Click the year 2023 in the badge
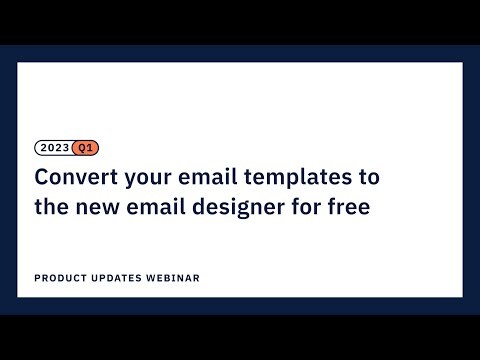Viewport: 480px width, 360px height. (x=55, y=148)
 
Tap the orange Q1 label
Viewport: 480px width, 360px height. (x=86, y=148)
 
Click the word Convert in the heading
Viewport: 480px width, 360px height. (x=72, y=178)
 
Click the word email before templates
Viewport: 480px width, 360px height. (x=207, y=178)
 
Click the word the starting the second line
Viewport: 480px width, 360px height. (x=52, y=208)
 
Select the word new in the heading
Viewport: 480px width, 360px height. (x=100, y=208)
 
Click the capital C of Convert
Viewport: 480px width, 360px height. (x=42, y=178)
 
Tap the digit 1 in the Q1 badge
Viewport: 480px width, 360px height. (x=91, y=148)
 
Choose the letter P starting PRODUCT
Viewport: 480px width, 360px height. (x=37, y=278)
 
